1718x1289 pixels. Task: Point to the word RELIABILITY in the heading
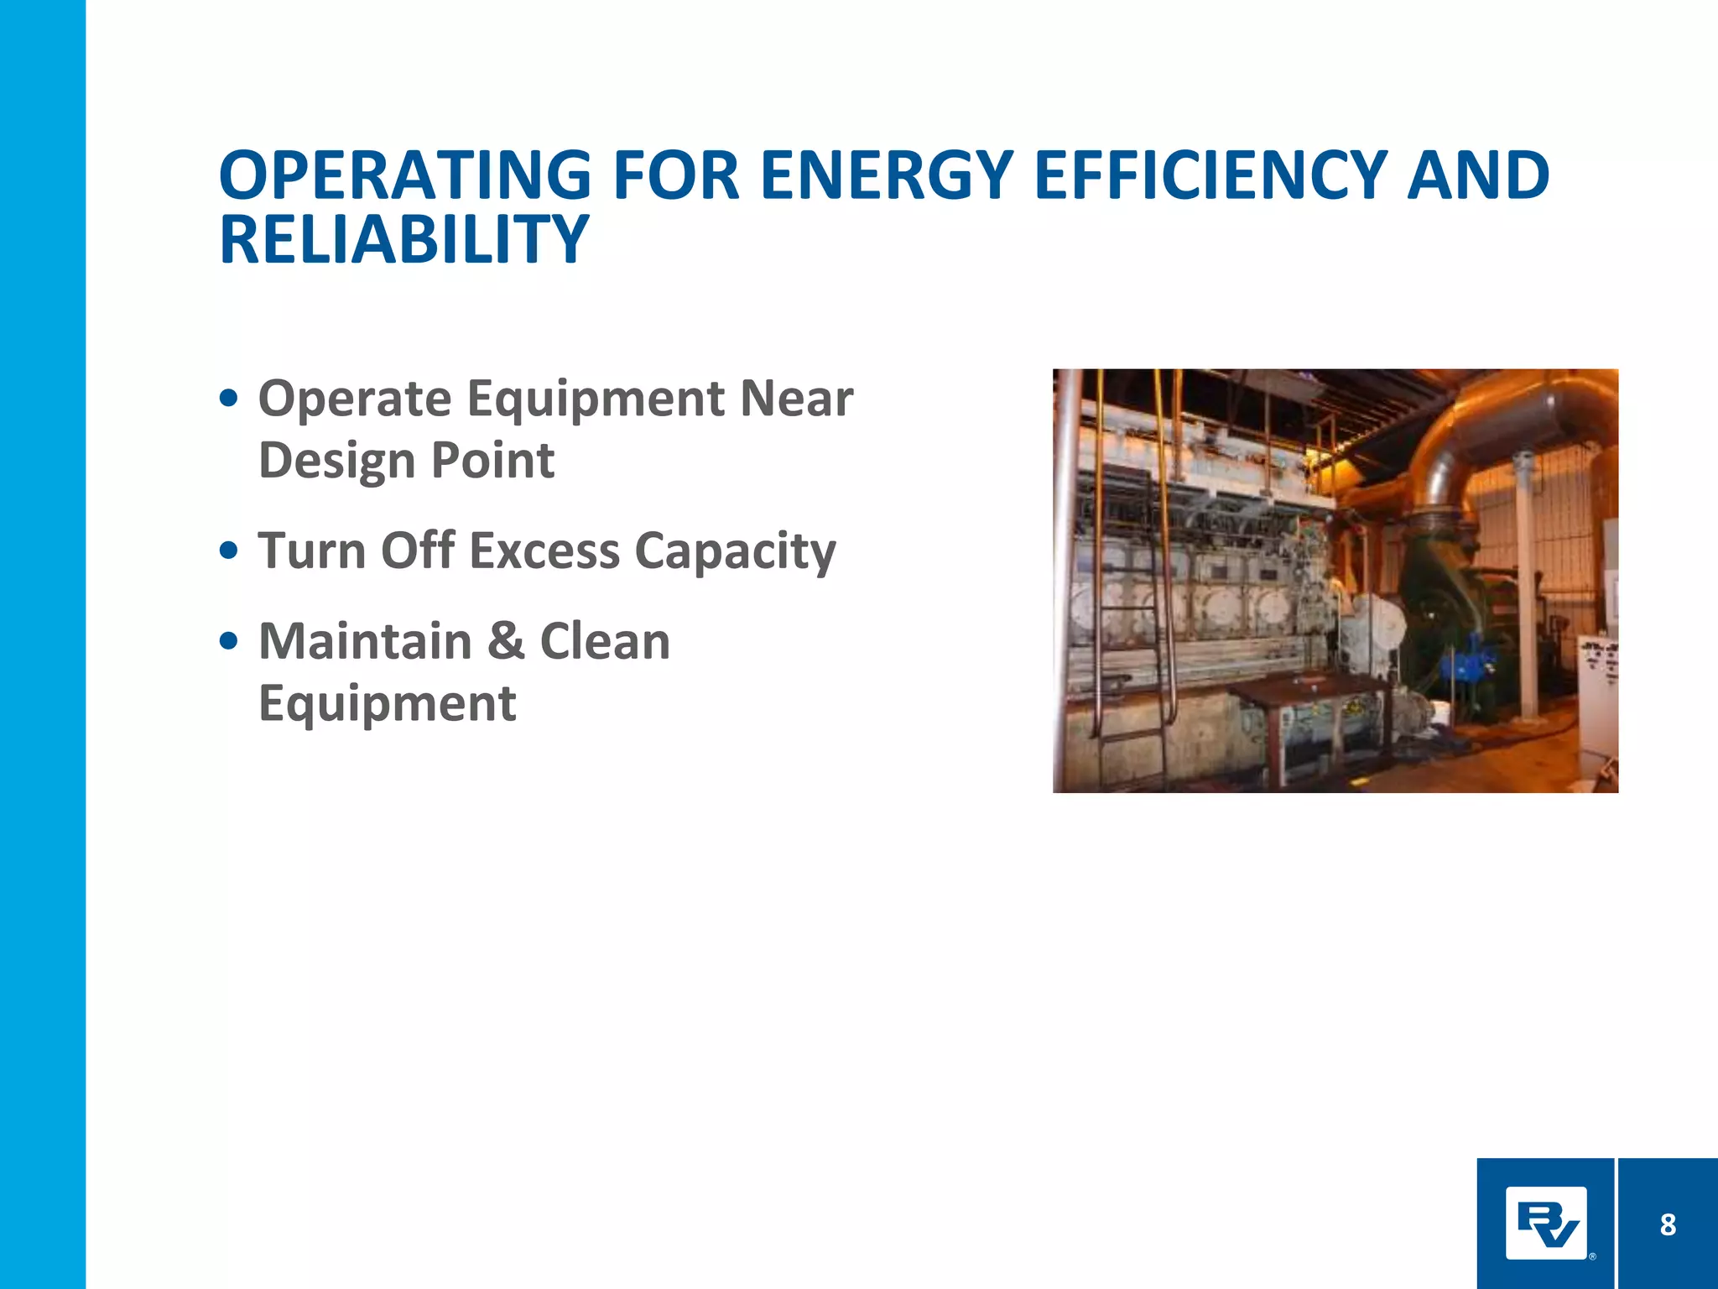click(x=403, y=240)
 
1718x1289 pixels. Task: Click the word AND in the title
click(x=1478, y=176)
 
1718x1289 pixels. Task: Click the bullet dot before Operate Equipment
click(x=227, y=398)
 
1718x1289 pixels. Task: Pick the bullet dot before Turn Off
click(x=227, y=551)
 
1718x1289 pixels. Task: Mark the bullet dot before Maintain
click(x=227, y=642)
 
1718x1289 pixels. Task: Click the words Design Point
click(x=406, y=461)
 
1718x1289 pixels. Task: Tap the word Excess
click(x=544, y=551)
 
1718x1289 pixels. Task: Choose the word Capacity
click(x=736, y=551)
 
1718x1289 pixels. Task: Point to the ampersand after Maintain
click(x=506, y=641)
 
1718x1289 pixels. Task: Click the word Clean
click(x=605, y=641)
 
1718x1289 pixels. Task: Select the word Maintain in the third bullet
click(x=366, y=641)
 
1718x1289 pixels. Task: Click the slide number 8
click(x=1668, y=1225)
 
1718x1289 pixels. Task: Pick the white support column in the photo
click(x=1528, y=587)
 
